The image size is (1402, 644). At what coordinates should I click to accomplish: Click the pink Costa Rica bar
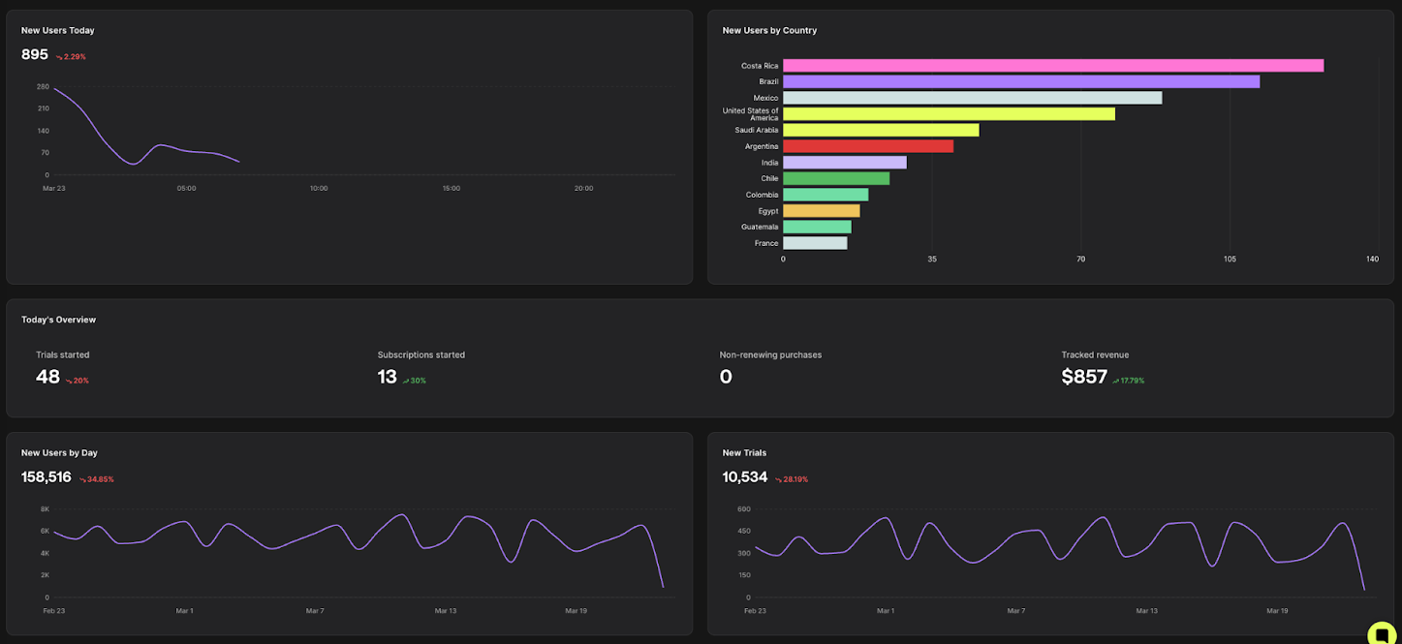pyautogui.click(x=1053, y=66)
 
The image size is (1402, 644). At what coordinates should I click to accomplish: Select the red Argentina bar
pyautogui.click(x=868, y=146)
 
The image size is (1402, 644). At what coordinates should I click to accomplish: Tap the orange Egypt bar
pyautogui.click(x=821, y=211)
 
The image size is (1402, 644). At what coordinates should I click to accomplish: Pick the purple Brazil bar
pyautogui.click(x=1021, y=81)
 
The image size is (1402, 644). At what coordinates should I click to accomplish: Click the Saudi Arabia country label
pyautogui.click(x=756, y=130)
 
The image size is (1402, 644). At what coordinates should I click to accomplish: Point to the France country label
pyautogui.click(x=765, y=243)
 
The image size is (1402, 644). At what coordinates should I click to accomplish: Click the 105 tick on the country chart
pyautogui.click(x=1230, y=259)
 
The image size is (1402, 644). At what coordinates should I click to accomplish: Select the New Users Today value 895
pyautogui.click(x=35, y=55)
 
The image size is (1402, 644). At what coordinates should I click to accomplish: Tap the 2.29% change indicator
pyautogui.click(x=71, y=57)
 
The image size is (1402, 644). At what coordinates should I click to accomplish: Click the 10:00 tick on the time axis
pyautogui.click(x=319, y=188)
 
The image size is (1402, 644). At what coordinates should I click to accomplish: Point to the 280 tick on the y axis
pyautogui.click(x=43, y=87)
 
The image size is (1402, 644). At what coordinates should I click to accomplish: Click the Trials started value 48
pyautogui.click(x=47, y=378)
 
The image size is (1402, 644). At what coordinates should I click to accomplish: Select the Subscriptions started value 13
pyautogui.click(x=388, y=378)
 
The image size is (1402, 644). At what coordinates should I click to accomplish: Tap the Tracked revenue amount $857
pyautogui.click(x=1084, y=378)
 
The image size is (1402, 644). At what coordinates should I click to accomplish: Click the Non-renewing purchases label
pyautogui.click(x=770, y=355)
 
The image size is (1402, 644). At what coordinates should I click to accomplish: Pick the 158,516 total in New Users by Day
pyautogui.click(x=47, y=477)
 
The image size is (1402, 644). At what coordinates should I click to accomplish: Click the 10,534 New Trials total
pyautogui.click(x=745, y=477)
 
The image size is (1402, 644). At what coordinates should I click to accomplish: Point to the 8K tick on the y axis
pyautogui.click(x=45, y=509)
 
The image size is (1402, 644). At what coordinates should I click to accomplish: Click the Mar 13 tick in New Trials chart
pyautogui.click(x=1146, y=611)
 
